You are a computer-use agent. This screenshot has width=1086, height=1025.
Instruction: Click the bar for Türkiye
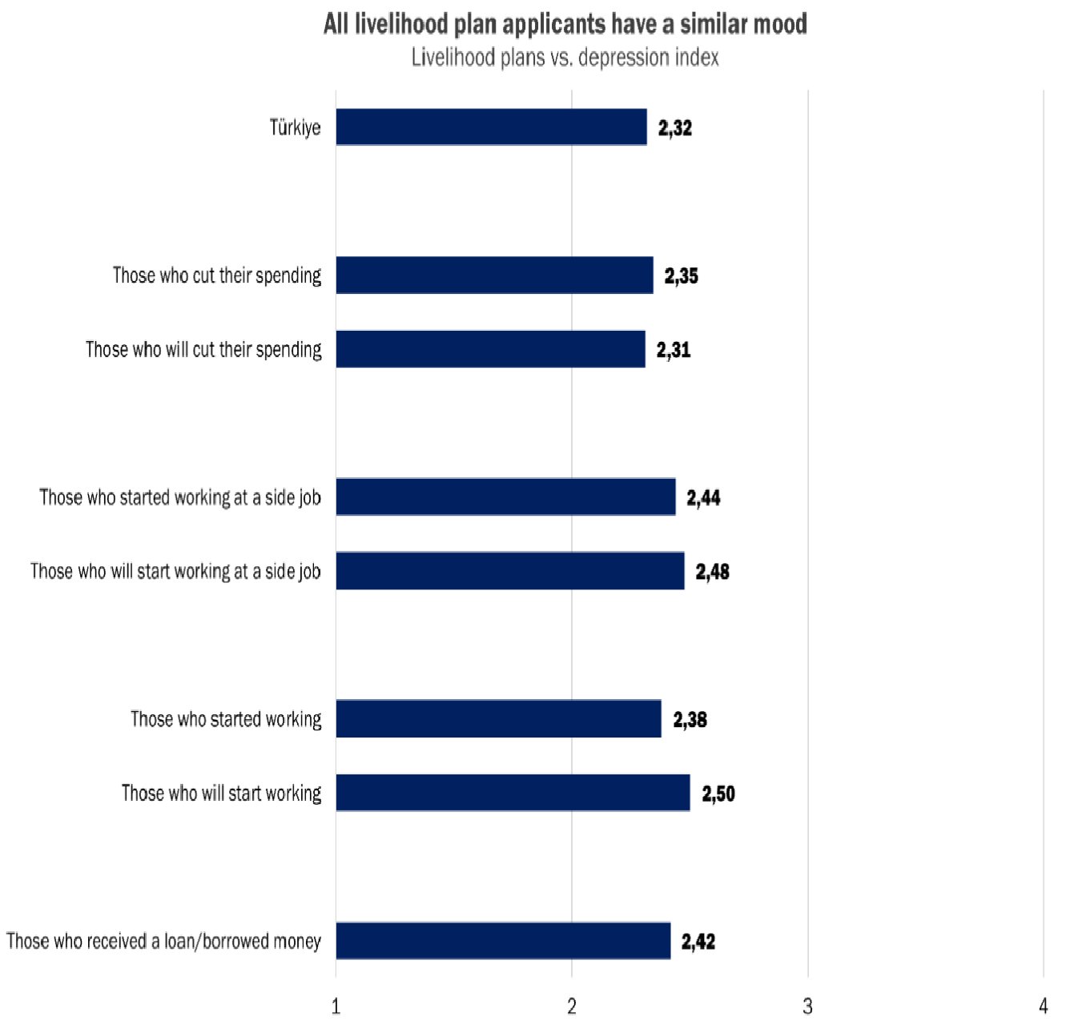[491, 127]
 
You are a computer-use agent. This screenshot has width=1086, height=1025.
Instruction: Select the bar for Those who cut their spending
[494, 275]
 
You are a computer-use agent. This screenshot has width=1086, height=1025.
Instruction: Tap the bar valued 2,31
[490, 349]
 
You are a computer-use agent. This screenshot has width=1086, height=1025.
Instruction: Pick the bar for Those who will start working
[513, 793]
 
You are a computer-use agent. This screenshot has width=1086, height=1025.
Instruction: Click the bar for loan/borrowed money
[503, 941]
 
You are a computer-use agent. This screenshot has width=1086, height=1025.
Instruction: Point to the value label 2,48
[712, 572]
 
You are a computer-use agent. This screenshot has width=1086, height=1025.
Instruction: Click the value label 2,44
[703, 498]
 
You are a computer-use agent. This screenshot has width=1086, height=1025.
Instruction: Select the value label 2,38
[690, 720]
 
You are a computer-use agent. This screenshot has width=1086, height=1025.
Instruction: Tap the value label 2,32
[675, 128]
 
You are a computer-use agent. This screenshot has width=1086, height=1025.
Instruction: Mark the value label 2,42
[698, 942]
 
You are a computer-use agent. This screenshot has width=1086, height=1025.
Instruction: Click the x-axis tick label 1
[336, 1006]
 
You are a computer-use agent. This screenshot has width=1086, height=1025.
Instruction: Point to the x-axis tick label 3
[807, 1006]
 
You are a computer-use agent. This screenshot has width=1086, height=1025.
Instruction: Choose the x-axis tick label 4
[1043, 1006]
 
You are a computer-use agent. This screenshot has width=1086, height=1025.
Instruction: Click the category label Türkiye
[295, 128]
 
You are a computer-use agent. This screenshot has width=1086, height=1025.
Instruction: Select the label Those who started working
[226, 719]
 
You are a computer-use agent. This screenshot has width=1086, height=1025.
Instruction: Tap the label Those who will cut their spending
[203, 350]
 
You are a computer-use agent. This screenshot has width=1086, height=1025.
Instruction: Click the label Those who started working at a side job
[180, 498]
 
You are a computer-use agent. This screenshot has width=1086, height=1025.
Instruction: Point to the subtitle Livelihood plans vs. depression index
[565, 58]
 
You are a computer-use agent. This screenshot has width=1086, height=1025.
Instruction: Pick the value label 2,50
[718, 794]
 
